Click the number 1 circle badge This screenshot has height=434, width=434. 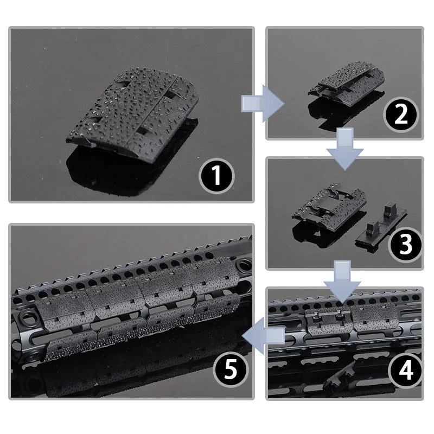tap(216, 176)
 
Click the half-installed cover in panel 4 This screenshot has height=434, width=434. tap(327, 322)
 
